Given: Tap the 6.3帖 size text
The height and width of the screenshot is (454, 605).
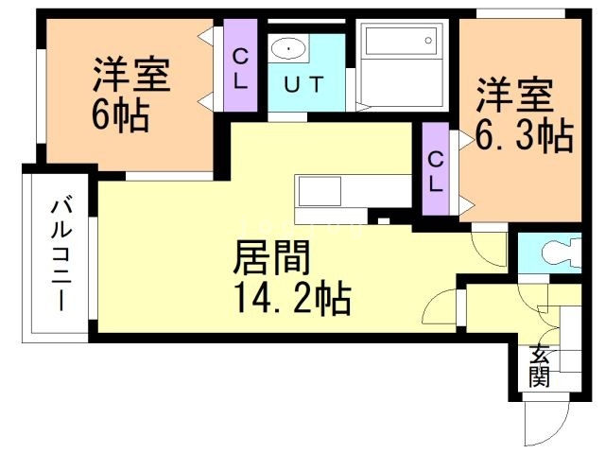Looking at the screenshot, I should (526, 138).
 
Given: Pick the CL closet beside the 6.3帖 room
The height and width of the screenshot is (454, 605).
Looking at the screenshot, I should (435, 171).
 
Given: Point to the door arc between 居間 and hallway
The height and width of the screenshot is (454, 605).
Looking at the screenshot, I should (442, 308).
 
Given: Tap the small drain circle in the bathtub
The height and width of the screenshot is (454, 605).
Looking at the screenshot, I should (428, 41).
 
